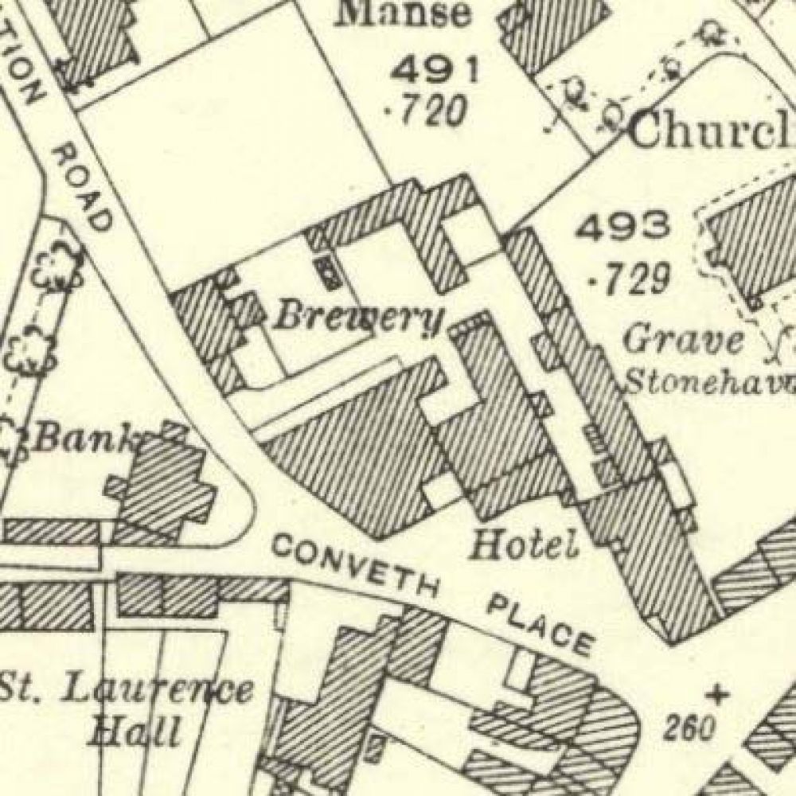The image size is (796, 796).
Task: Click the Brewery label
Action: (358, 318)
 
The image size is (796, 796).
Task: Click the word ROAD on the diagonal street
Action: (80, 188)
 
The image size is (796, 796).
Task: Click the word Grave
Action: (684, 341)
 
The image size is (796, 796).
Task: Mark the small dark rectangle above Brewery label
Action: (327, 270)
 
